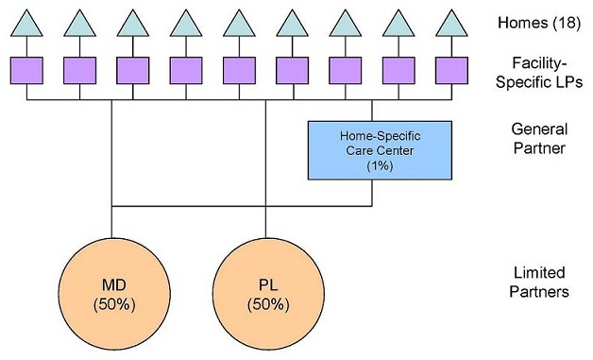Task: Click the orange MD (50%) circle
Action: coord(111,294)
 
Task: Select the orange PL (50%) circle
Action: coord(266,294)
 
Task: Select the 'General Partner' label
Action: coord(534,138)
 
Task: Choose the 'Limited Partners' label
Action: coord(534,283)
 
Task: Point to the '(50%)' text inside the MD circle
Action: coord(111,304)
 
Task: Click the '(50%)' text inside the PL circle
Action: coord(266,304)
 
